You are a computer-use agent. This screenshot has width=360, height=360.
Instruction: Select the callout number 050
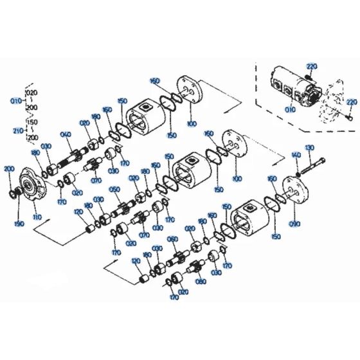(x=114, y=190)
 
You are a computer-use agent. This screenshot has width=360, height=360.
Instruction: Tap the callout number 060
(x=172, y=239)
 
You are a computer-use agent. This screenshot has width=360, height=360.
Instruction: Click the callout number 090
(x=295, y=224)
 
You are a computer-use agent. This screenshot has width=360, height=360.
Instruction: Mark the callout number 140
(x=296, y=156)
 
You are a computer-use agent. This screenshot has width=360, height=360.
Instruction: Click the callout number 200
(x=8, y=168)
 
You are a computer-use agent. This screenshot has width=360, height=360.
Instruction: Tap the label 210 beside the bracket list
(x=17, y=130)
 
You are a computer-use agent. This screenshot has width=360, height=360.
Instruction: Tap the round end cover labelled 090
(x=298, y=196)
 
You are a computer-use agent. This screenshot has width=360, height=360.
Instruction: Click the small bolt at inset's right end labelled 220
(x=348, y=116)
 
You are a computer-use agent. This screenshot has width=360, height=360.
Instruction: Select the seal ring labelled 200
(x=13, y=192)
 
